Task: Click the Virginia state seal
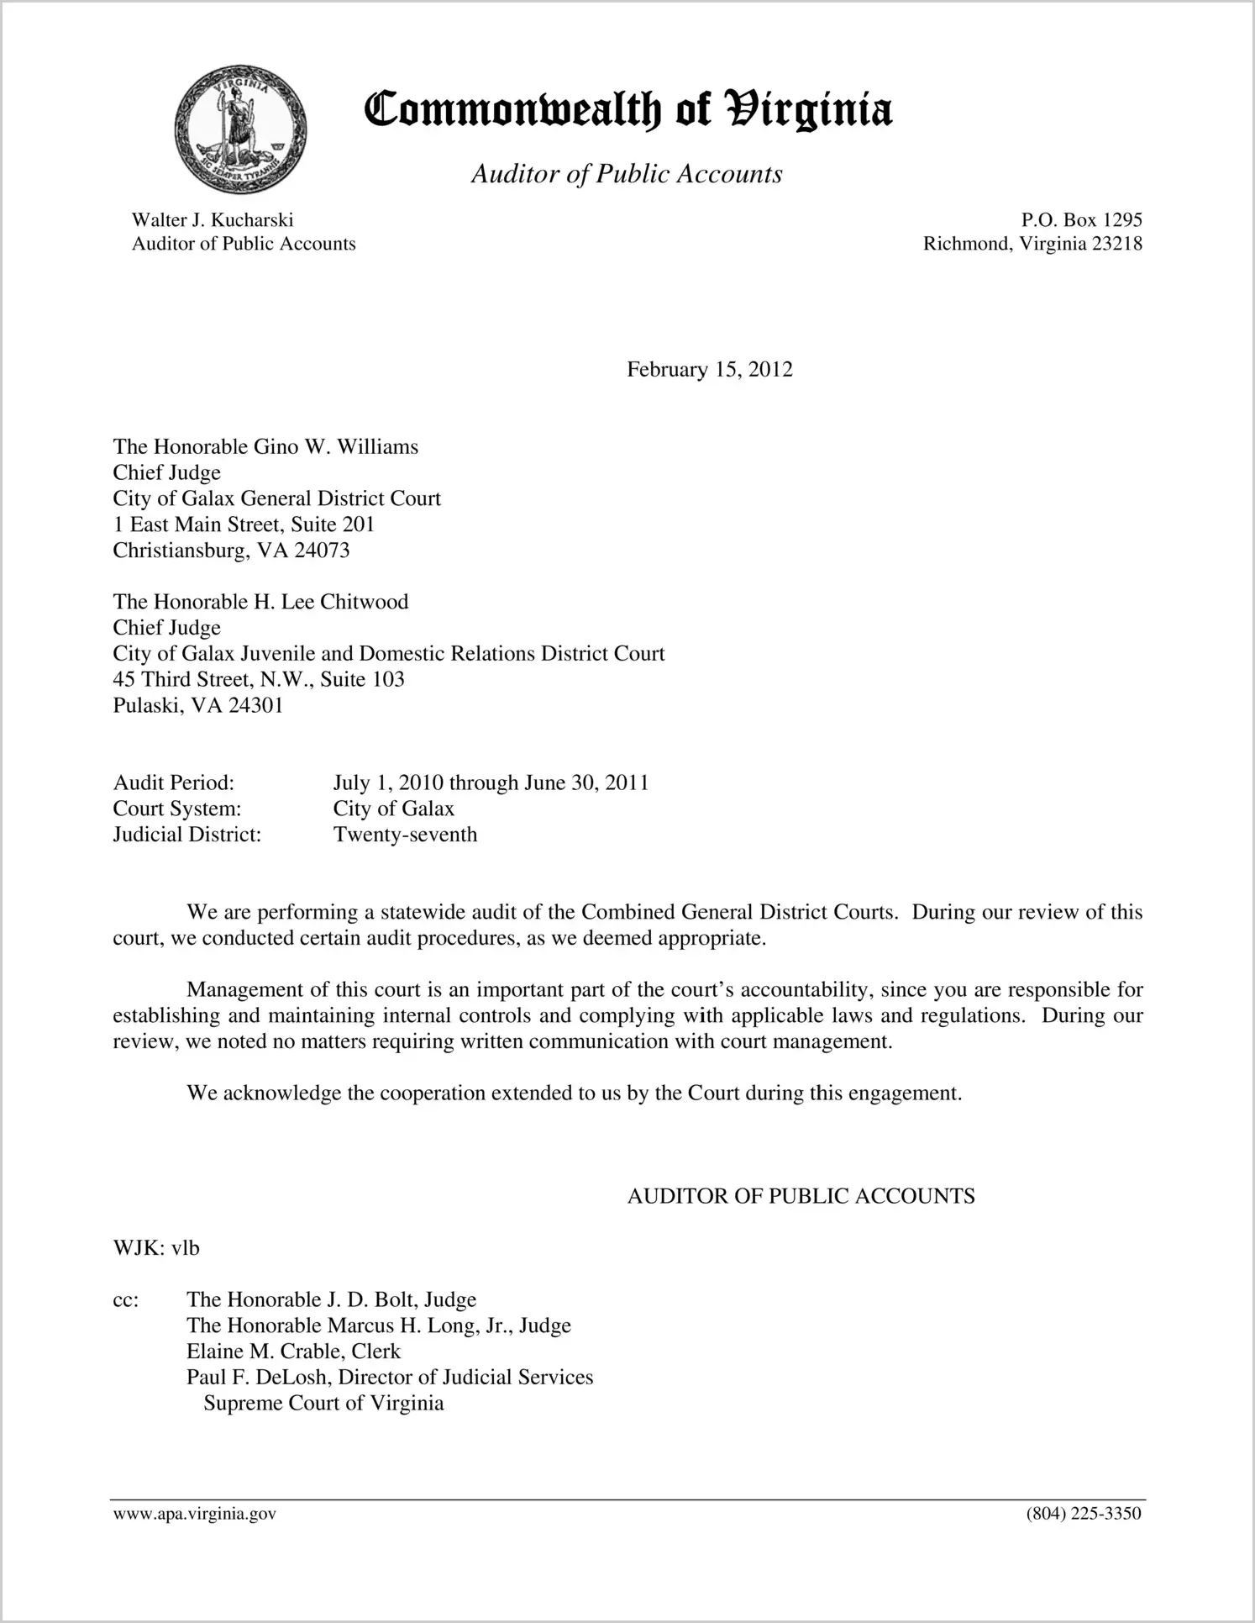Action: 241,129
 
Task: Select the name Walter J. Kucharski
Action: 213,220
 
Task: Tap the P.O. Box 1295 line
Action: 1081,220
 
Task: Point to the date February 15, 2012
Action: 709,370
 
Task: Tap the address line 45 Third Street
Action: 259,679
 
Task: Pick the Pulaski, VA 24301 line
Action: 198,705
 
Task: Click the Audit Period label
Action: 174,783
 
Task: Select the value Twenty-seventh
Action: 405,835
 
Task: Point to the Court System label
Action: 177,809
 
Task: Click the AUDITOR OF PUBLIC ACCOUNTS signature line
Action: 801,1196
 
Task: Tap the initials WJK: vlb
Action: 156,1248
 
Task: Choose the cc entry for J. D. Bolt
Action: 331,1299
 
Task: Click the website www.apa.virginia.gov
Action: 195,1514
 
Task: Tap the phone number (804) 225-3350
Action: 1084,1514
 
